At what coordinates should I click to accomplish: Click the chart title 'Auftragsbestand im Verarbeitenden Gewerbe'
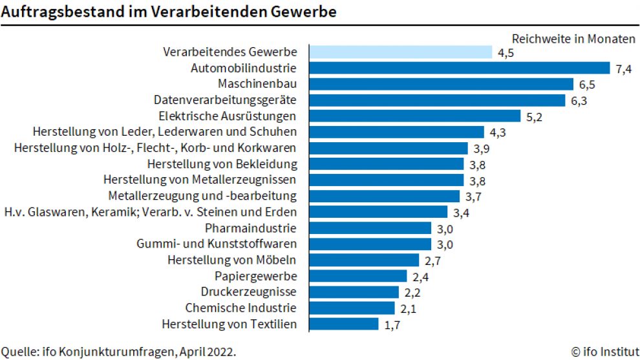(168, 11)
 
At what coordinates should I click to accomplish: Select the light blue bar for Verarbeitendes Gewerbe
(401, 52)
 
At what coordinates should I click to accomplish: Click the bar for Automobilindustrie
(460, 68)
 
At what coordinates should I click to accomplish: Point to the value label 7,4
(623, 69)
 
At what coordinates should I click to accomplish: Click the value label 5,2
(534, 117)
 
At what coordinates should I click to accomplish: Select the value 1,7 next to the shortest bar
(392, 325)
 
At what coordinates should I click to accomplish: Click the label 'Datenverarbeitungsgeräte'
(225, 100)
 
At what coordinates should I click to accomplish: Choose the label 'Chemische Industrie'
(240, 308)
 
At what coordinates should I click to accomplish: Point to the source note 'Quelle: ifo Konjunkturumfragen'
(118, 352)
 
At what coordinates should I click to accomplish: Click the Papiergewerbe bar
(358, 276)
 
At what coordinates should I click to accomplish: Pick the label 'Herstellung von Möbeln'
(231, 260)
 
